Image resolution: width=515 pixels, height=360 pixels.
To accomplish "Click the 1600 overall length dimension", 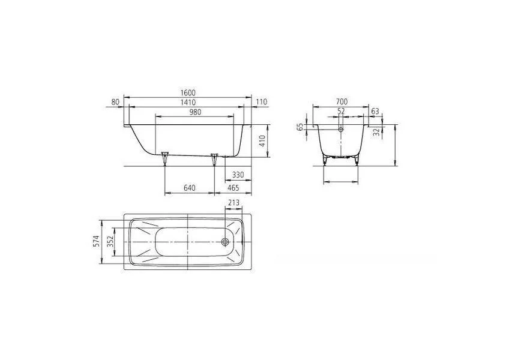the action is [x=187, y=93].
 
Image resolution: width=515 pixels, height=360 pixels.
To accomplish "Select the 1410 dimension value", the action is [x=187, y=102].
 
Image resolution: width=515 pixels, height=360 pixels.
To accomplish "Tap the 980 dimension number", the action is [x=195, y=112].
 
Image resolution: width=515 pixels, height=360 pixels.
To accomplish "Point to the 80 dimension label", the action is [x=115, y=102].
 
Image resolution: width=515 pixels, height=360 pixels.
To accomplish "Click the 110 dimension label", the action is [x=262, y=102].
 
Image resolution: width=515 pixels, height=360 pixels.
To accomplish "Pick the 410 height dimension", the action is [x=262, y=141].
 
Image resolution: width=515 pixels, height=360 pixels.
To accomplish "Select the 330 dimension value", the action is [x=238, y=175].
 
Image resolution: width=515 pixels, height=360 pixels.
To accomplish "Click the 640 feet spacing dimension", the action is [x=190, y=188].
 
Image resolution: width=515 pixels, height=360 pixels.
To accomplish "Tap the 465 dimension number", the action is [x=233, y=188].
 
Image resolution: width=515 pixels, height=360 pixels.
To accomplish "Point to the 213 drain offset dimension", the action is [x=233, y=203].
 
